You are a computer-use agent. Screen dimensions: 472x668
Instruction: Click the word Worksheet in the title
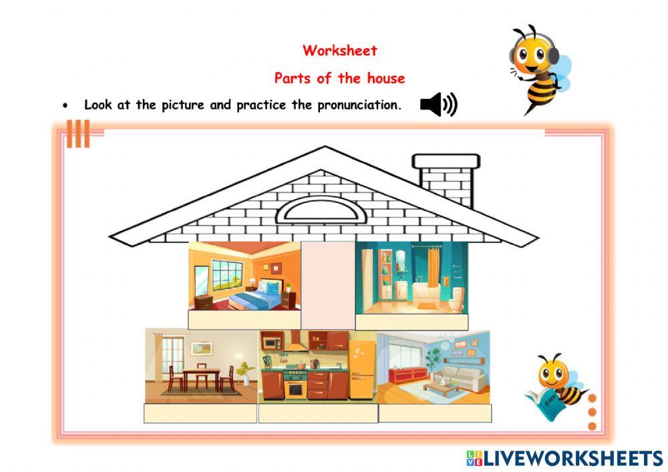pos(339,50)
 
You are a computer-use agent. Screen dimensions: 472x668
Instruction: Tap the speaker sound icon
pos(438,105)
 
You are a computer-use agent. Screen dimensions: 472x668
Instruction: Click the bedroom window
pos(227,274)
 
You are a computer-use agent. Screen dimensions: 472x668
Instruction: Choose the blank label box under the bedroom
pos(244,320)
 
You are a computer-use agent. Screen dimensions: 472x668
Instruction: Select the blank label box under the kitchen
pos(317,413)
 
